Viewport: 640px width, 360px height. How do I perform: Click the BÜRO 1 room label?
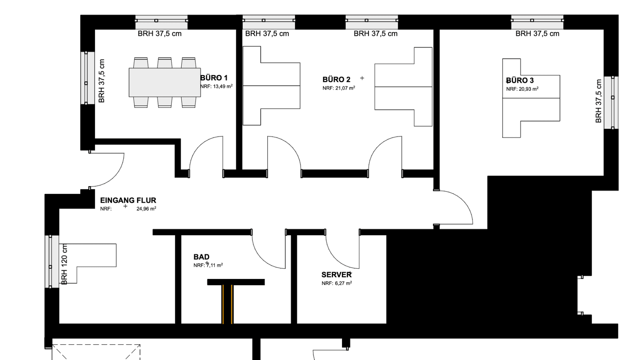point(214,78)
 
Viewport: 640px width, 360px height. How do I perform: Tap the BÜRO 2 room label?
point(336,79)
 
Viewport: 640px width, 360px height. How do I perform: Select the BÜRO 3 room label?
point(520,80)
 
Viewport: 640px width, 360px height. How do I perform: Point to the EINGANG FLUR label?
point(128,200)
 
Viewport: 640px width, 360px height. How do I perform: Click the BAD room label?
point(201,257)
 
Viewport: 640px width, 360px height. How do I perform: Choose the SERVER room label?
point(336,275)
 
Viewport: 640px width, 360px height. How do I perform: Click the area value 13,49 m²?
point(223,86)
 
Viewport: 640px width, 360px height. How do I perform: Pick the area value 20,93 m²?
point(528,89)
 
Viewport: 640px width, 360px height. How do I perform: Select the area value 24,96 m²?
point(146,209)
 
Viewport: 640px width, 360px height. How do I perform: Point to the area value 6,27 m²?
point(343,284)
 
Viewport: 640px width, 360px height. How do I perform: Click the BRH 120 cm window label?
point(64,264)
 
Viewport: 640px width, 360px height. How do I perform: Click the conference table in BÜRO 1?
point(165,83)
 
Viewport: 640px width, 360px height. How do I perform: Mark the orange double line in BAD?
point(227,304)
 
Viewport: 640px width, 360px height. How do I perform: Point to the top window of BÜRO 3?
point(537,22)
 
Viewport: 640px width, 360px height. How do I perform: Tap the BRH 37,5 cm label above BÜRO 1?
point(160,34)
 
